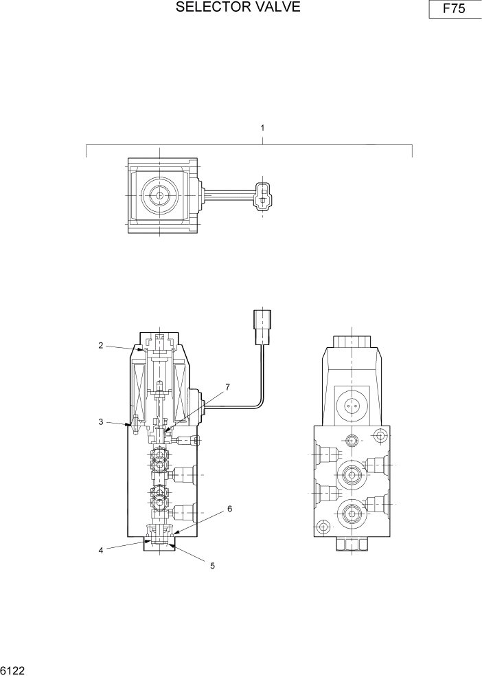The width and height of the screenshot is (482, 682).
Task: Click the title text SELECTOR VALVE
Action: point(238,8)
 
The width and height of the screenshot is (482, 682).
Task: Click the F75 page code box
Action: point(455,10)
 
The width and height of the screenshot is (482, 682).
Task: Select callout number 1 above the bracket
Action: point(262,128)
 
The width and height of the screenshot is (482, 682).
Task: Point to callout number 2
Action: point(100,346)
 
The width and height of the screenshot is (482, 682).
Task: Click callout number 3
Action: point(100,421)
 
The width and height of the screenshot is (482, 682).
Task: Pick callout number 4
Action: point(101,550)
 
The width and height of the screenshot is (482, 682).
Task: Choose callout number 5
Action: point(212,566)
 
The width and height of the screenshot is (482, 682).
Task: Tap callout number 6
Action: point(229,509)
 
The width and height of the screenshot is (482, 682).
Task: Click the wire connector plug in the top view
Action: point(262,195)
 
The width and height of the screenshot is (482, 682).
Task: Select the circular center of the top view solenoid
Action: point(159,195)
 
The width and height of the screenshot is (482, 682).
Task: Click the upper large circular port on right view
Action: point(351,473)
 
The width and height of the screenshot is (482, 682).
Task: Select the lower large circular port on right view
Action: point(351,511)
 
